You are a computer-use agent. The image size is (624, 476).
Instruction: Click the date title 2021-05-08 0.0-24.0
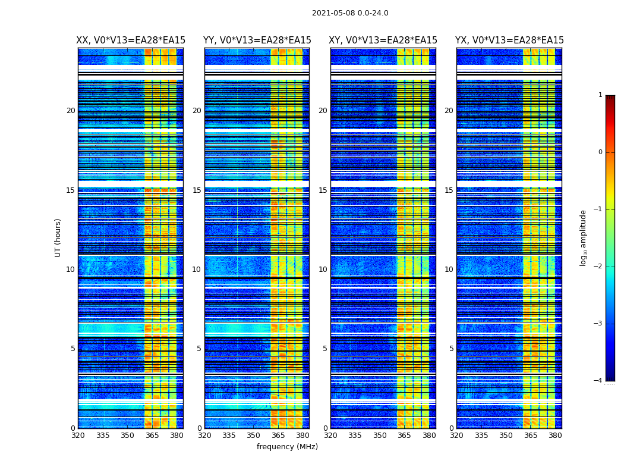click(x=350, y=13)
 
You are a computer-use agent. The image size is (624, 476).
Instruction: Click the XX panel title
click(x=131, y=40)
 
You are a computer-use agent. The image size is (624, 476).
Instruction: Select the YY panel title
click(x=257, y=40)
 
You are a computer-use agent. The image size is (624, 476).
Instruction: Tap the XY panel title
click(x=383, y=40)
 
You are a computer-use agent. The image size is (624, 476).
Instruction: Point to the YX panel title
click(x=509, y=40)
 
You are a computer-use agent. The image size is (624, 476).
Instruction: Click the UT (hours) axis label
click(x=58, y=237)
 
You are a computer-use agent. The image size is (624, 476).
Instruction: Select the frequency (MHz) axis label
click(x=287, y=447)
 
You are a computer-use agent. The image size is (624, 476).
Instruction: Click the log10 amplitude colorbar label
click(x=584, y=237)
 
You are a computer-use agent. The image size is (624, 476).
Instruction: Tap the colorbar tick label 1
click(x=600, y=95)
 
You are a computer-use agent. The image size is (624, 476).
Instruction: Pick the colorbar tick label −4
click(x=598, y=381)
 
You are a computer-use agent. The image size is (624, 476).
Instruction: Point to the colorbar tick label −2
click(x=598, y=267)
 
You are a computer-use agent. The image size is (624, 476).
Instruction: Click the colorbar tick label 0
click(x=600, y=152)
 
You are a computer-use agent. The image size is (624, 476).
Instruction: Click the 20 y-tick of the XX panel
click(x=71, y=111)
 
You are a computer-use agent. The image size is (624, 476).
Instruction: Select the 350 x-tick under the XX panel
click(x=127, y=436)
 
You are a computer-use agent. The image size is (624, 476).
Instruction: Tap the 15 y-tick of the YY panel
click(x=197, y=190)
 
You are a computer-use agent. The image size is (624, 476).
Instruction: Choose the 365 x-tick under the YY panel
click(x=278, y=436)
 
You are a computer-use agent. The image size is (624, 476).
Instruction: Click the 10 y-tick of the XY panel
click(x=323, y=270)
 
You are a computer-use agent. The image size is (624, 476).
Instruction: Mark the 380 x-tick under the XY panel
click(x=429, y=436)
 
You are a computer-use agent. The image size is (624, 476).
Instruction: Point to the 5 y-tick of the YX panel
click(x=452, y=349)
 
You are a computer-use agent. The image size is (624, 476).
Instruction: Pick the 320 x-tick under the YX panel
click(x=456, y=436)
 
